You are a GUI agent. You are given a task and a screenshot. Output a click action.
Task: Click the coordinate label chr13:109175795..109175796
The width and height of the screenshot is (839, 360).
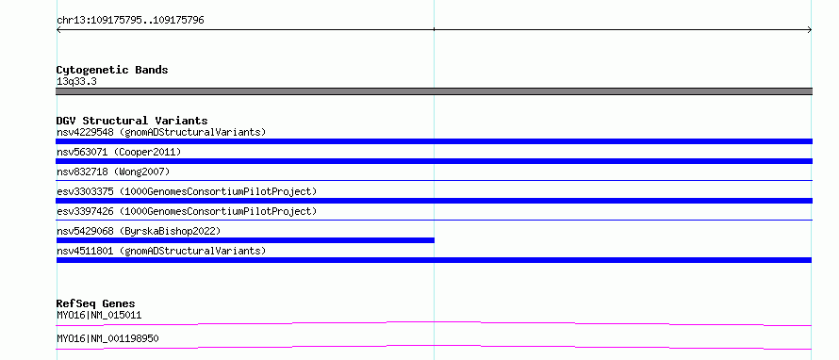click(130, 21)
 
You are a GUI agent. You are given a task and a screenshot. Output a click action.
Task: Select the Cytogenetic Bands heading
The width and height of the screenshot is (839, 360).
click(112, 70)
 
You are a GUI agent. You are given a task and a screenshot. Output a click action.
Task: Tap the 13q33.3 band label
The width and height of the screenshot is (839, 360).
click(76, 82)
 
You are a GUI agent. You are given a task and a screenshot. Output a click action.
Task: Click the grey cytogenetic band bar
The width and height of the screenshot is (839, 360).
click(434, 91)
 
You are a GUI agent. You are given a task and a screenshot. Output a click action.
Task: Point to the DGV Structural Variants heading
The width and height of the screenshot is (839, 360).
click(132, 121)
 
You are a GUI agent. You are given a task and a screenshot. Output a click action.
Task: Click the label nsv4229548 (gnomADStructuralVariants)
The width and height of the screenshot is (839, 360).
click(161, 132)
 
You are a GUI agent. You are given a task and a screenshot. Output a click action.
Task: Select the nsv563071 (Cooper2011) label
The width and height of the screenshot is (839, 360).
click(119, 152)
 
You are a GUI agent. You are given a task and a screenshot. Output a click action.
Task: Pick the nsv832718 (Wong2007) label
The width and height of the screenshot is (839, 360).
click(113, 172)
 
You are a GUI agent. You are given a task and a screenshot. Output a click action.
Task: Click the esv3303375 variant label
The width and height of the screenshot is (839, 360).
click(187, 191)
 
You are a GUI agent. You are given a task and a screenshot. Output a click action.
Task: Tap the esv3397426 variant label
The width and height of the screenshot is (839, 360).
click(187, 211)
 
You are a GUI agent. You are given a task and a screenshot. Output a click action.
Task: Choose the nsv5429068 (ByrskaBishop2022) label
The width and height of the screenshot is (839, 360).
click(139, 231)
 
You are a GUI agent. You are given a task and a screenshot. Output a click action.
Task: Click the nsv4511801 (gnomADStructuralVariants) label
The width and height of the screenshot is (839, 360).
click(161, 251)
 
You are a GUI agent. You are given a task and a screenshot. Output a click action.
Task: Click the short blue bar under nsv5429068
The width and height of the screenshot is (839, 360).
click(245, 240)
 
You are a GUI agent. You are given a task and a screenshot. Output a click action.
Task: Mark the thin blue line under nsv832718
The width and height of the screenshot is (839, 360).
click(434, 181)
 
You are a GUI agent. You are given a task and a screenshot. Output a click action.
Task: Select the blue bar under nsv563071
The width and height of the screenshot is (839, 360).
click(434, 161)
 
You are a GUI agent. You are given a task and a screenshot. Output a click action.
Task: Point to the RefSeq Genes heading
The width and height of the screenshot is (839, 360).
click(96, 303)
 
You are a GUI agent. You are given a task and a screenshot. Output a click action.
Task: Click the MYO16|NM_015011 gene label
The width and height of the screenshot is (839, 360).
click(99, 316)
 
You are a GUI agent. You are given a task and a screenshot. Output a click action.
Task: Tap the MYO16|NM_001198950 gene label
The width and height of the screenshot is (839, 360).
click(107, 339)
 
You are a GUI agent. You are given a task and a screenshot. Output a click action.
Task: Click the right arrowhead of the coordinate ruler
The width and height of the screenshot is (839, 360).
click(810, 30)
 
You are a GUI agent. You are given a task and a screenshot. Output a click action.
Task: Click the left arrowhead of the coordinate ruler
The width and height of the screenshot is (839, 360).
click(58, 30)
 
